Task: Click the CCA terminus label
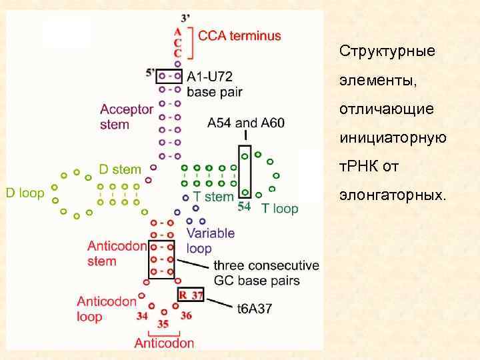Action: pos(240,36)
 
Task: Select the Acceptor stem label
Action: pos(127,117)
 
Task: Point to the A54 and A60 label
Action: pos(246,123)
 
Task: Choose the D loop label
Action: pos(25,193)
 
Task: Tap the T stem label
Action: pos(213,197)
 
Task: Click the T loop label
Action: pos(280,209)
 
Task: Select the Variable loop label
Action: pos(210,241)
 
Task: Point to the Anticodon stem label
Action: pos(117,253)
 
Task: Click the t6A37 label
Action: pos(255,308)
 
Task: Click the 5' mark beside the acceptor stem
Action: pos(151,72)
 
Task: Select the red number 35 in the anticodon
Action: pos(164,324)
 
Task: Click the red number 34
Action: pos(142,316)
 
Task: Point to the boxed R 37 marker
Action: pos(190,295)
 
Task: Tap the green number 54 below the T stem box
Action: pos(244,207)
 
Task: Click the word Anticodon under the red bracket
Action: pos(164,343)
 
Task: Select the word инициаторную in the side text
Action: pos(393,138)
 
